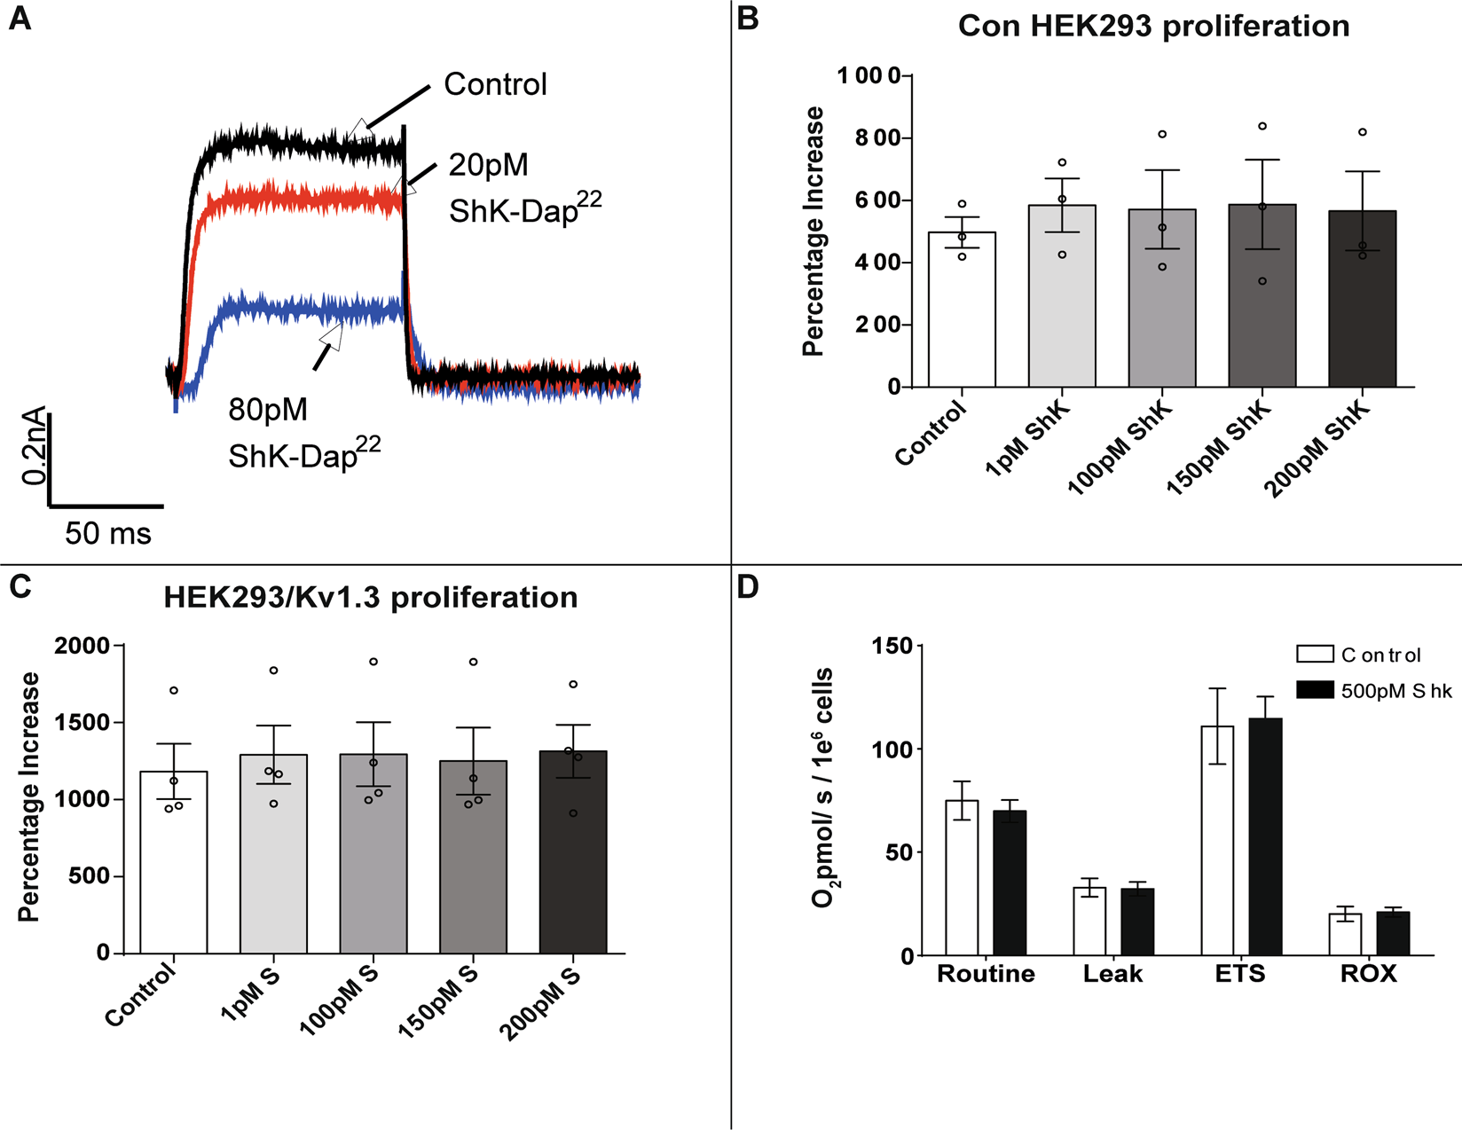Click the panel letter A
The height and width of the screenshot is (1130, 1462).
20,19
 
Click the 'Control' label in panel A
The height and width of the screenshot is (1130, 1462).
495,85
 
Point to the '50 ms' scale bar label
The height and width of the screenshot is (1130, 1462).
108,534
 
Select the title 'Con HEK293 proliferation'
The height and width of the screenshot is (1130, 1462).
1153,27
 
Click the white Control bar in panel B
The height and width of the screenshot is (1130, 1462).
962,310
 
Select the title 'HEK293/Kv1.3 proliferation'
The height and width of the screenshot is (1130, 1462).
370,598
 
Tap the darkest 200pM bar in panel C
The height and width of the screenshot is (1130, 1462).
573,851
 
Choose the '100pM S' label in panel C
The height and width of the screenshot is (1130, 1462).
339,1001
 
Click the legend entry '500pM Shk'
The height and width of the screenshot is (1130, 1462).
1396,691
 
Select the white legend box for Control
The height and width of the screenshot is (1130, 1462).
1315,655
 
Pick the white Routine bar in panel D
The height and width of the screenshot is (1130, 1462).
962,878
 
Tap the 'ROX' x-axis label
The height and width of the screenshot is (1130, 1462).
1368,974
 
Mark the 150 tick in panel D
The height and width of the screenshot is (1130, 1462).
894,646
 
